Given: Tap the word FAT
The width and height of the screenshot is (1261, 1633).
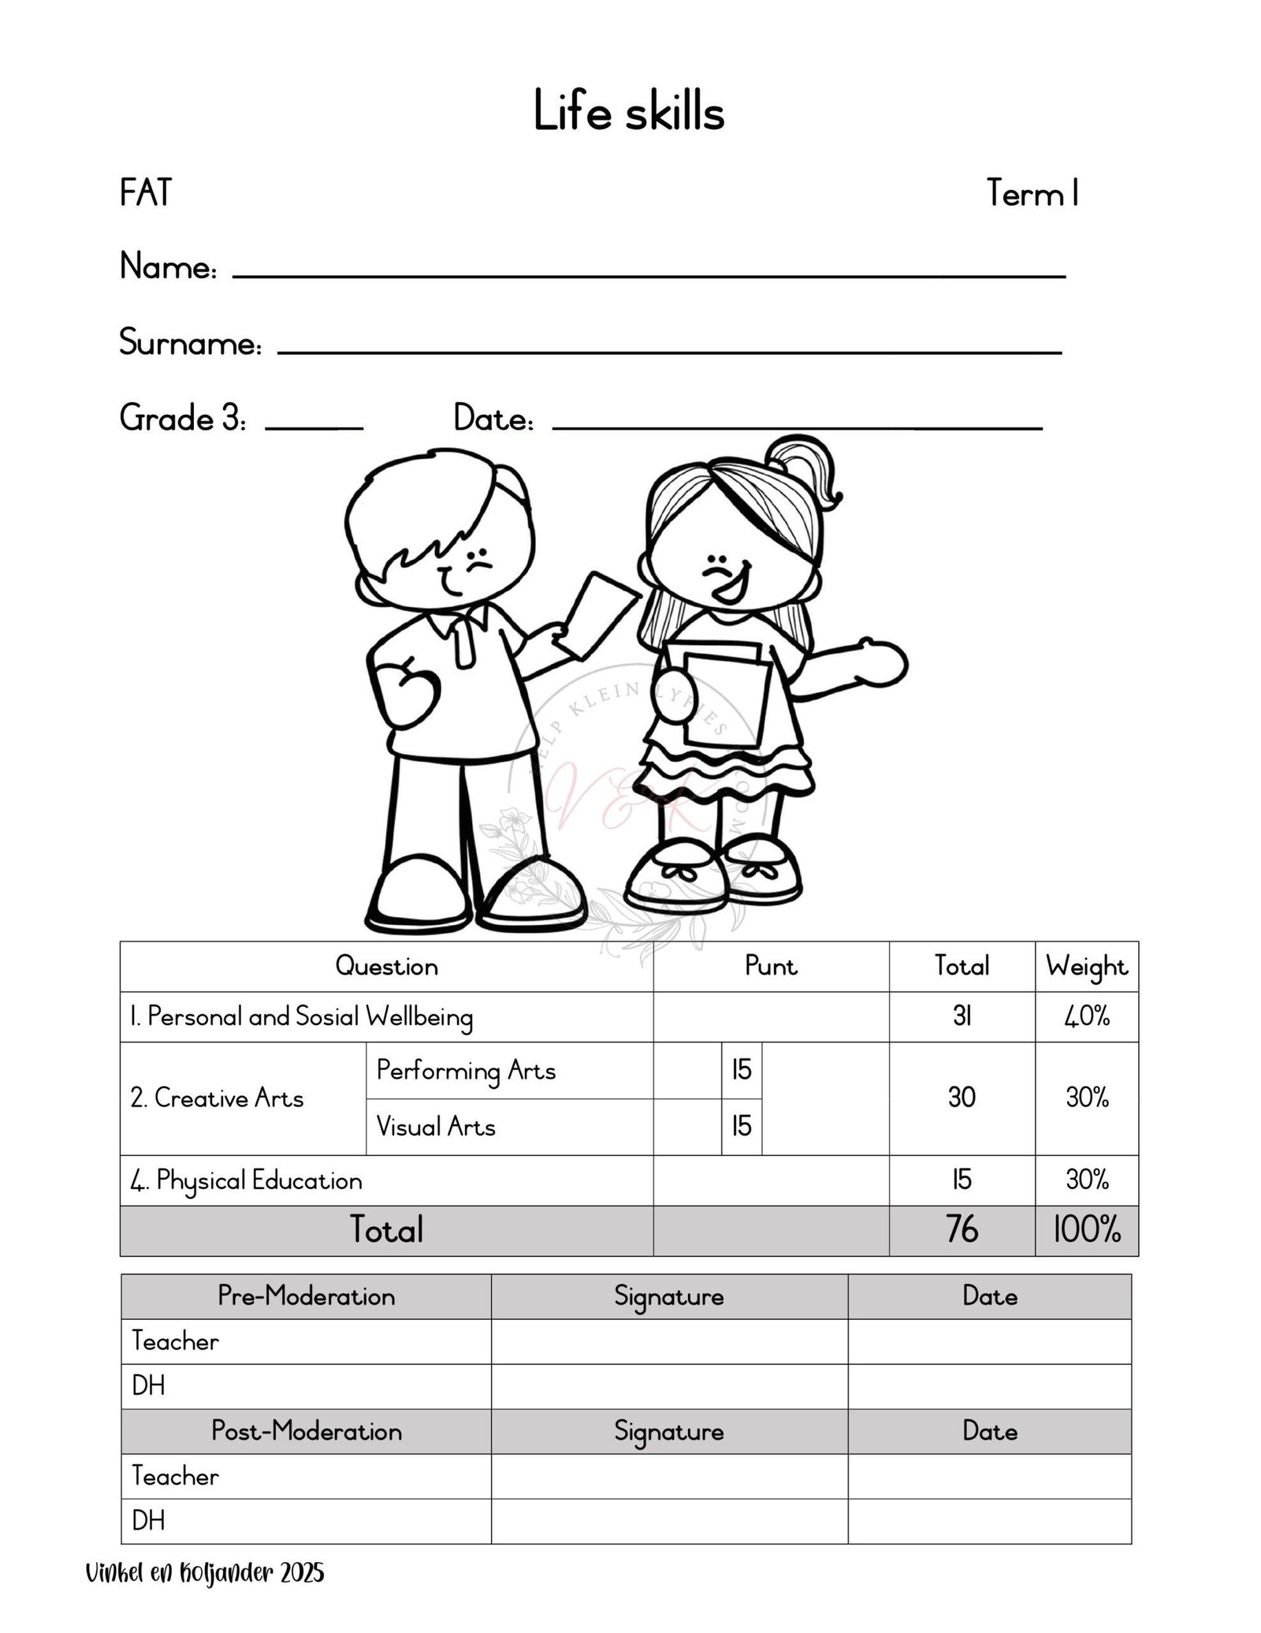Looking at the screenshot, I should click(x=146, y=193).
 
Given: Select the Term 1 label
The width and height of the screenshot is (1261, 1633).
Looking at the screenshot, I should click(x=1032, y=194).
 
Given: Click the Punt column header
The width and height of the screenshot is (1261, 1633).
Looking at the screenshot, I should click(x=771, y=967).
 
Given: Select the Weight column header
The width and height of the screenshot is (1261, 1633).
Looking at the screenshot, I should click(x=1086, y=967).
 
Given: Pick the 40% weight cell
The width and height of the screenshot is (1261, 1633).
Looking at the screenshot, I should click(x=1087, y=1017).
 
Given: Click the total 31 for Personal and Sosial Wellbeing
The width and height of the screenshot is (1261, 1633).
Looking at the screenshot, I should click(x=962, y=1017).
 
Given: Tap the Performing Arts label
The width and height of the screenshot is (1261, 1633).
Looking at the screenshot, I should click(x=466, y=1071).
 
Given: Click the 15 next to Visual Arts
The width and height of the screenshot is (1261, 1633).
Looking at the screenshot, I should click(x=742, y=1127).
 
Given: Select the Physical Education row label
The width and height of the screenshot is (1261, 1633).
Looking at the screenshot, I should click(x=246, y=1180).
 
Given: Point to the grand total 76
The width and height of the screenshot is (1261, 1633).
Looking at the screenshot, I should click(x=962, y=1230).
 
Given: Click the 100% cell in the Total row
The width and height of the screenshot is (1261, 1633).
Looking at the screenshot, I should click(x=1087, y=1230).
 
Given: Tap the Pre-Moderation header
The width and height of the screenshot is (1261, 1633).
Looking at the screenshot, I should click(x=306, y=1296).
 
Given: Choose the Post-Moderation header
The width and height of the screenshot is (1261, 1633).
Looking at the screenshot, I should click(x=306, y=1431).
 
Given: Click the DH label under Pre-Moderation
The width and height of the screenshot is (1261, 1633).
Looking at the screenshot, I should click(x=149, y=1386).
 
